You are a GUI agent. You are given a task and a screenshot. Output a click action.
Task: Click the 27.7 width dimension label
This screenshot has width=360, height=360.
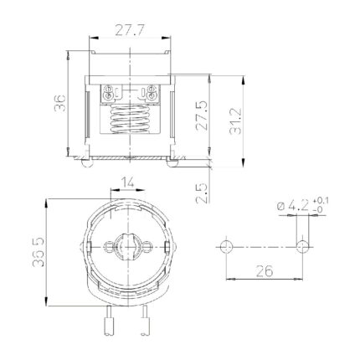(129, 30)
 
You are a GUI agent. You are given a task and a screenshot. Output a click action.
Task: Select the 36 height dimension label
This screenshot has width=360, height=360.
(60, 103)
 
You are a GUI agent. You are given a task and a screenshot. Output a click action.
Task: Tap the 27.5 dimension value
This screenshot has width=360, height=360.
(202, 116)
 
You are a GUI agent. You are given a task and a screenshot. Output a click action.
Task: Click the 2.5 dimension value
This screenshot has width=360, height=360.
(202, 193)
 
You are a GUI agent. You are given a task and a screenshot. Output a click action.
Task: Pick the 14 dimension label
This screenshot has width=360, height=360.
(127, 183)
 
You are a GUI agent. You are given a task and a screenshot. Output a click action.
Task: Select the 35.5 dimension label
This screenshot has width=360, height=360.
(39, 252)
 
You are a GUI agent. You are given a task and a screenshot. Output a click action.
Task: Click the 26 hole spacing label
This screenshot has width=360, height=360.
(264, 270)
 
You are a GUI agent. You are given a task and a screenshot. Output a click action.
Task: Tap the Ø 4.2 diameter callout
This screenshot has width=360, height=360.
(293, 206)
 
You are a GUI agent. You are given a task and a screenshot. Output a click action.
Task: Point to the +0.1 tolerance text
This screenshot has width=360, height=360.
(321, 201)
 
